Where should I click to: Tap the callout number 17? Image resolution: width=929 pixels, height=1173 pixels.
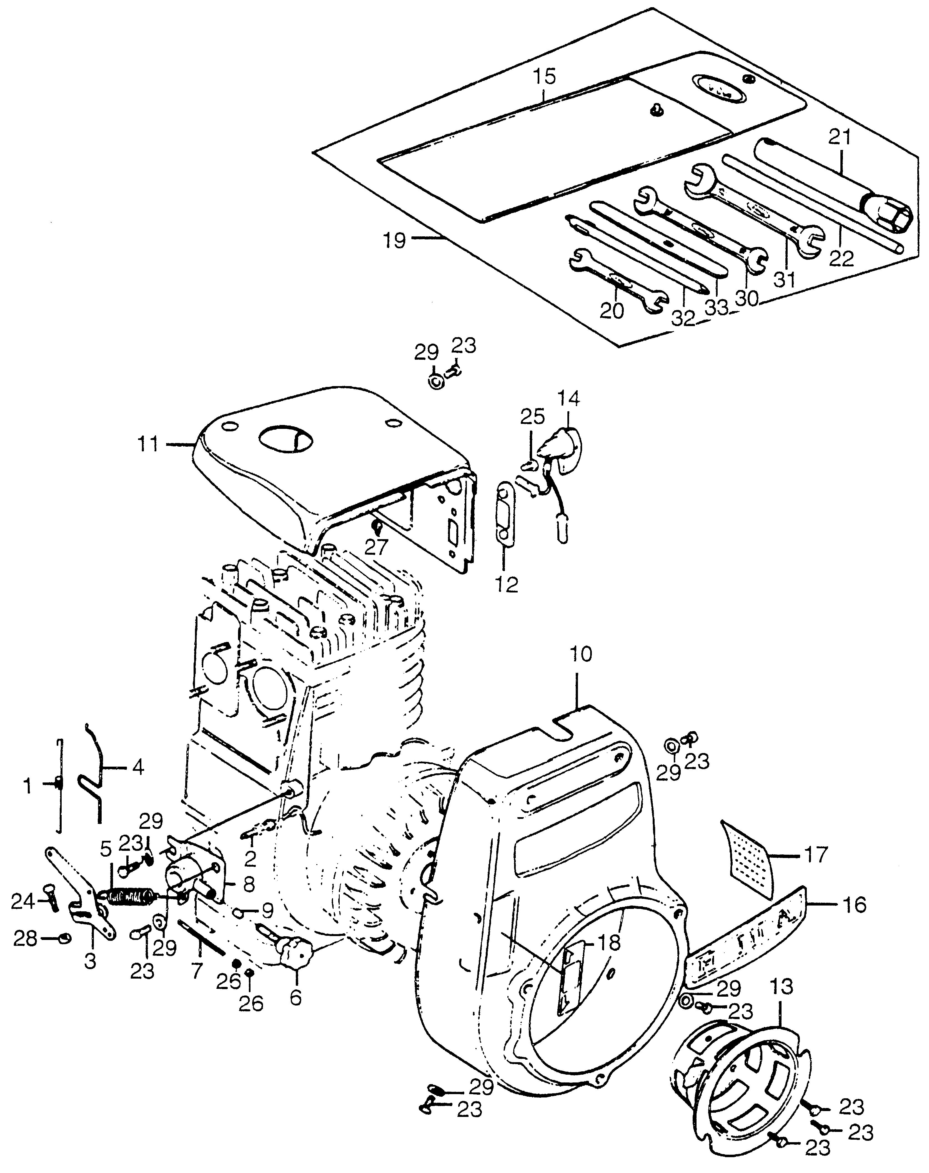[816, 855]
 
